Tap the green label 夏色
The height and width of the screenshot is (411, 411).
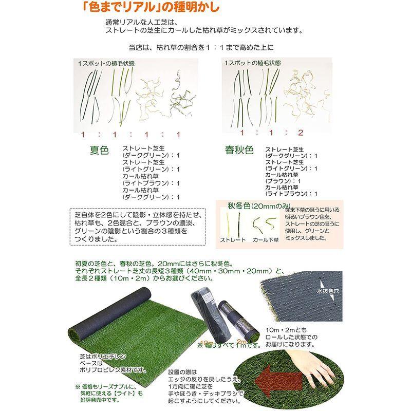tap(100, 151)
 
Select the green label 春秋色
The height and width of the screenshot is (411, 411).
tap(239, 150)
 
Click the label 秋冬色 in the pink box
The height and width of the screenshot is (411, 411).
tap(239, 206)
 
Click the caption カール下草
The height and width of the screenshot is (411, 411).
tap(265, 240)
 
